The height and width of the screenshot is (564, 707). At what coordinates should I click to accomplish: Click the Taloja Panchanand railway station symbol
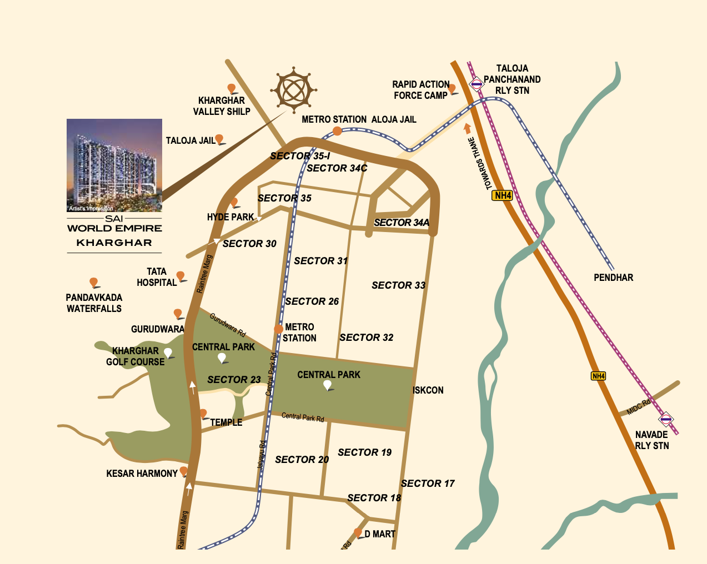point(476,84)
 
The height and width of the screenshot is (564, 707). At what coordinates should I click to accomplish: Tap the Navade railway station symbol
point(666,419)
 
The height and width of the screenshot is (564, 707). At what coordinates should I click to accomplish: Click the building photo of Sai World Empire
point(114,165)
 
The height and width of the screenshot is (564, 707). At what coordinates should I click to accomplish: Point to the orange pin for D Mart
point(358,533)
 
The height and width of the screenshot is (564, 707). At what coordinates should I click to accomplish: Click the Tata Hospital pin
point(180,276)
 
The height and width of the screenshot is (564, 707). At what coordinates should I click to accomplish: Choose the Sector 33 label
point(398,285)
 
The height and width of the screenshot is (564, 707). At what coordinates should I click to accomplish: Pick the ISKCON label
point(428,390)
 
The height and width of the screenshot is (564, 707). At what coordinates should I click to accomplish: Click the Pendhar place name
point(613,278)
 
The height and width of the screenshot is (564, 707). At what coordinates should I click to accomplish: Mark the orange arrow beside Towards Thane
point(468,128)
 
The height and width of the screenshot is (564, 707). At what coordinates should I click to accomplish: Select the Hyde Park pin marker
point(234,203)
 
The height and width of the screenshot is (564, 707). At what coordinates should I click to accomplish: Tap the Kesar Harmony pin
point(183,472)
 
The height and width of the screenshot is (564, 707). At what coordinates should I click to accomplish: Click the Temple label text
point(226,422)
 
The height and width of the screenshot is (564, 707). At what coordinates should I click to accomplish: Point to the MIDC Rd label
point(638,407)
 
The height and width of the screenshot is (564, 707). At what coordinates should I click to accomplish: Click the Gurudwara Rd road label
point(228,325)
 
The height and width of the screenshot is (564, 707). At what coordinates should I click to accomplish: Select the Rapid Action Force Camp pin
point(452,89)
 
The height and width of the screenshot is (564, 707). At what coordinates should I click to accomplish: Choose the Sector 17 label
point(428,484)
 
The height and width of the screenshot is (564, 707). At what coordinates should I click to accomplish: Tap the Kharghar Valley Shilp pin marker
point(232,89)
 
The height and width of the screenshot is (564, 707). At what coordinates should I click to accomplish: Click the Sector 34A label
point(402,223)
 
